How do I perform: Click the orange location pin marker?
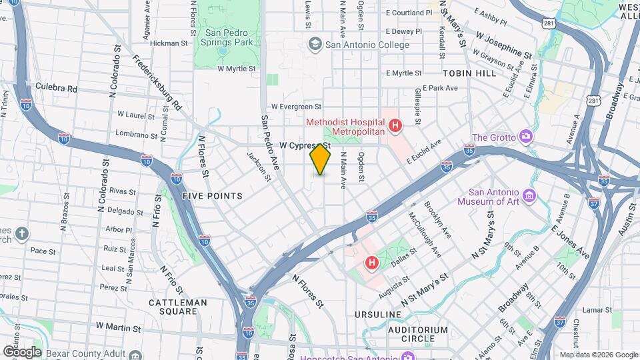pos(320,159)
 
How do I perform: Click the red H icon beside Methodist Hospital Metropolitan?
pos(395,125)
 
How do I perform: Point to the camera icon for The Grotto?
pos(526,137)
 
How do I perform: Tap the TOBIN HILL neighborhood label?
pos(469,73)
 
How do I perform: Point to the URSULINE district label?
pos(379,314)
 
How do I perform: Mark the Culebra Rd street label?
pos(57,88)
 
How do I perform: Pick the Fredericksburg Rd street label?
pos(158,81)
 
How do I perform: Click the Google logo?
pos(22,351)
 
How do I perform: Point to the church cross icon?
pos(22,233)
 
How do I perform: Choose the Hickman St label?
pos(169,43)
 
